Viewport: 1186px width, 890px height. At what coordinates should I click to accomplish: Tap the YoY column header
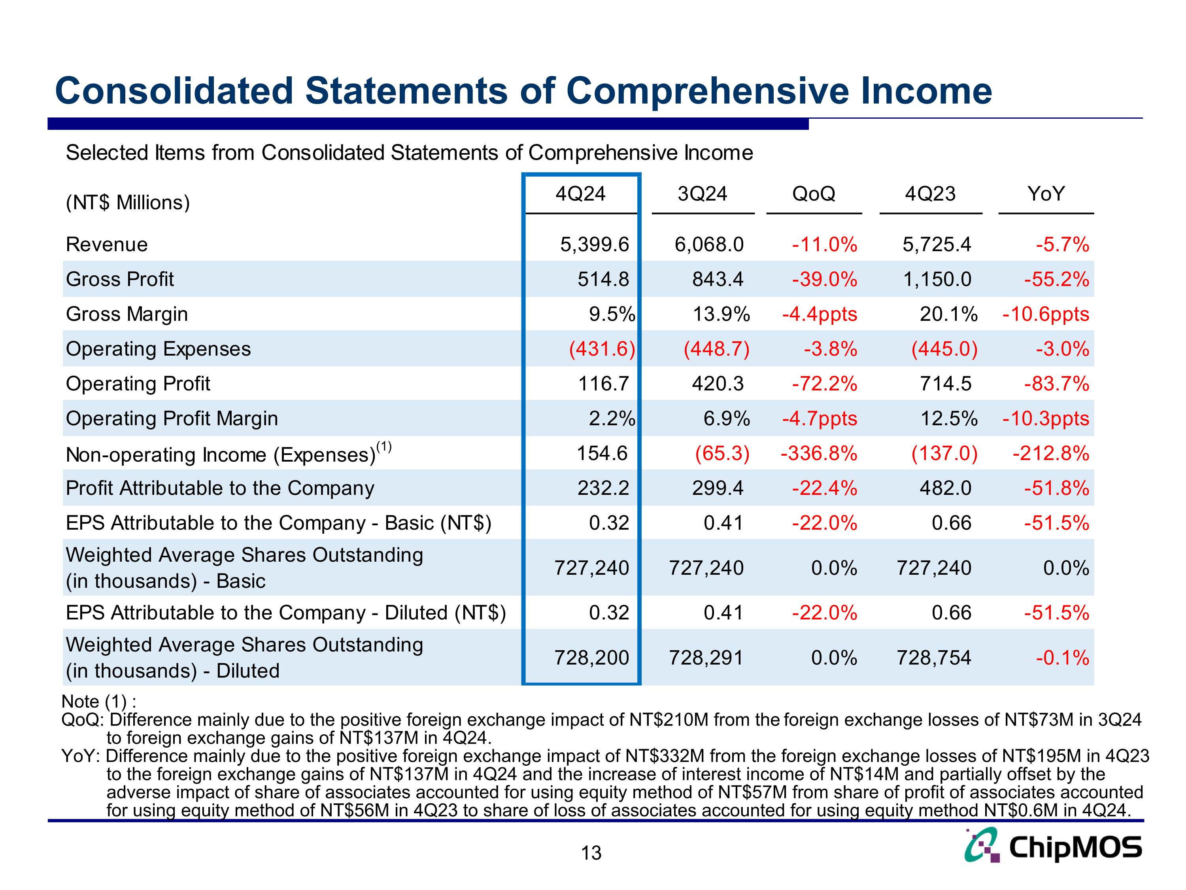[x=1046, y=194]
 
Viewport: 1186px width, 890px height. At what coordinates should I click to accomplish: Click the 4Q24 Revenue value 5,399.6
[x=594, y=244]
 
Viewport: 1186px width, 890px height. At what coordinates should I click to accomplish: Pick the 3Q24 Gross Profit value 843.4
[x=718, y=280]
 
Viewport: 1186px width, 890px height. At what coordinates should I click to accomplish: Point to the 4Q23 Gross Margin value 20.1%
[x=948, y=314]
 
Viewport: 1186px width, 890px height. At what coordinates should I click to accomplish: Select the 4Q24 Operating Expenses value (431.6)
[x=602, y=349]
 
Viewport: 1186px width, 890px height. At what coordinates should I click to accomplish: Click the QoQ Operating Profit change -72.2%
[x=824, y=384]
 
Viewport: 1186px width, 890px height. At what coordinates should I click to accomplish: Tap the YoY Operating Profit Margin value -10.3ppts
[x=1046, y=419]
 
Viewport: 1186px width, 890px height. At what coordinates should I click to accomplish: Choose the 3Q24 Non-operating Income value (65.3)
[x=721, y=454]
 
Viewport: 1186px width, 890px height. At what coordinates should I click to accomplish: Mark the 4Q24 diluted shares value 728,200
[x=591, y=658]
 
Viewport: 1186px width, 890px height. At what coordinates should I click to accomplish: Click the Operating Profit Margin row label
[x=172, y=418]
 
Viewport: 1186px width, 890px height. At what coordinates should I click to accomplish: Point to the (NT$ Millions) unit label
[x=128, y=203]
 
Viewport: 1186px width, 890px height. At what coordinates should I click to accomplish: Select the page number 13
[x=591, y=853]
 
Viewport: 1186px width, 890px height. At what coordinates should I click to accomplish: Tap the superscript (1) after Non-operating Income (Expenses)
[x=384, y=446]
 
